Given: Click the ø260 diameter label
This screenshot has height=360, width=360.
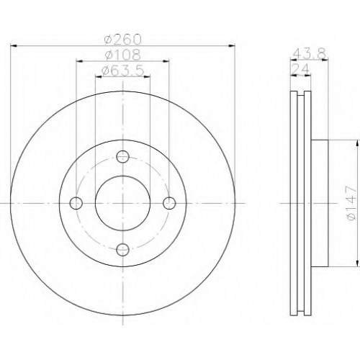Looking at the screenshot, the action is (x=123, y=40).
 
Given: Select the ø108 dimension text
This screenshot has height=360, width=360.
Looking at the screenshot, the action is (x=122, y=55).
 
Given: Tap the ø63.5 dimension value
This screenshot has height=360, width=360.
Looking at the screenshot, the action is (x=123, y=71).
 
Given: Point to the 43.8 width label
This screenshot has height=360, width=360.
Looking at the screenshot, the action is (x=310, y=54).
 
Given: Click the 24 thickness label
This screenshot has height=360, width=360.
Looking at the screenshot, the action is (x=300, y=70).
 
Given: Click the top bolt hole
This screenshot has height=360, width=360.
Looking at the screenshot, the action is (x=122, y=157).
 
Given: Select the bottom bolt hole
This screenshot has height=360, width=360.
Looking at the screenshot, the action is (x=122, y=250).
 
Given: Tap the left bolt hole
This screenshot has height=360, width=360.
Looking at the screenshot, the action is (x=76, y=203).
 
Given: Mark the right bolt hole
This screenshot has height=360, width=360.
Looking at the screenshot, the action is (x=169, y=203).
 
